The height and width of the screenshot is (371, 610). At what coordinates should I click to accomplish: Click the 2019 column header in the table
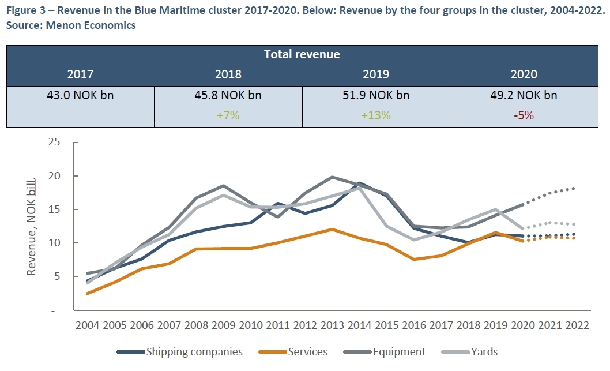(x=376, y=74)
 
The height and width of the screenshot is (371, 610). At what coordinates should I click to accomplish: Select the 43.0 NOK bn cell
(x=80, y=95)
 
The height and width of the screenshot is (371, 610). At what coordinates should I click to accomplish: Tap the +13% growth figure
(x=376, y=115)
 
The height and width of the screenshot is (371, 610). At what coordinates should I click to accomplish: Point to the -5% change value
(x=524, y=115)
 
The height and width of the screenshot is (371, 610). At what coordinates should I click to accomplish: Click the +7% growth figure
(x=228, y=115)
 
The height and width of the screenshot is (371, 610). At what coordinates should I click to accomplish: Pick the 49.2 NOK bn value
(x=524, y=95)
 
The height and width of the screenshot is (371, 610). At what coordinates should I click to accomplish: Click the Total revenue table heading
(x=302, y=54)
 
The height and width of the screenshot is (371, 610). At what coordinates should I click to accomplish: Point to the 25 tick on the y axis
(x=54, y=142)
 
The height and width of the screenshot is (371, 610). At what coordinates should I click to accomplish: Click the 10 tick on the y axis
(x=54, y=243)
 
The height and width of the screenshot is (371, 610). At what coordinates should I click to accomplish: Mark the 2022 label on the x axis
(x=578, y=325)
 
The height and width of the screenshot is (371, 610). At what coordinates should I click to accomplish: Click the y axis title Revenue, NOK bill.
(x=32, y=226)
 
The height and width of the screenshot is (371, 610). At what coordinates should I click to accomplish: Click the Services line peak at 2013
(x=332, y=229)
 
